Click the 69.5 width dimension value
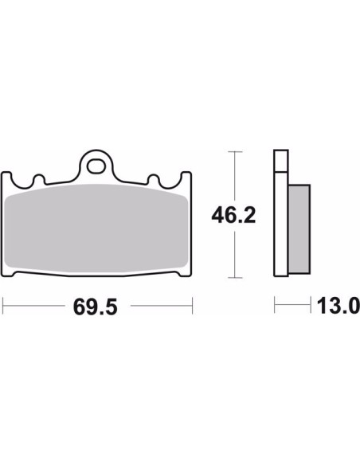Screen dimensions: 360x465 pos(96,307)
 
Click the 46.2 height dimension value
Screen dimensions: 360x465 pos(233,215)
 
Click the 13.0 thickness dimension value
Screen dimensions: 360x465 pos(338,306)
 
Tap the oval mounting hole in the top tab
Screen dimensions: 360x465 pos(96,166)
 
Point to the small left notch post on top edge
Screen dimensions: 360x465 pos(39,180)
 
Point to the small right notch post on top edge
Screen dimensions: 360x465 pos(154,180)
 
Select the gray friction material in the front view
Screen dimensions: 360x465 pos(96,228)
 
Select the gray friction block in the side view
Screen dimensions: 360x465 pos(299,229)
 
